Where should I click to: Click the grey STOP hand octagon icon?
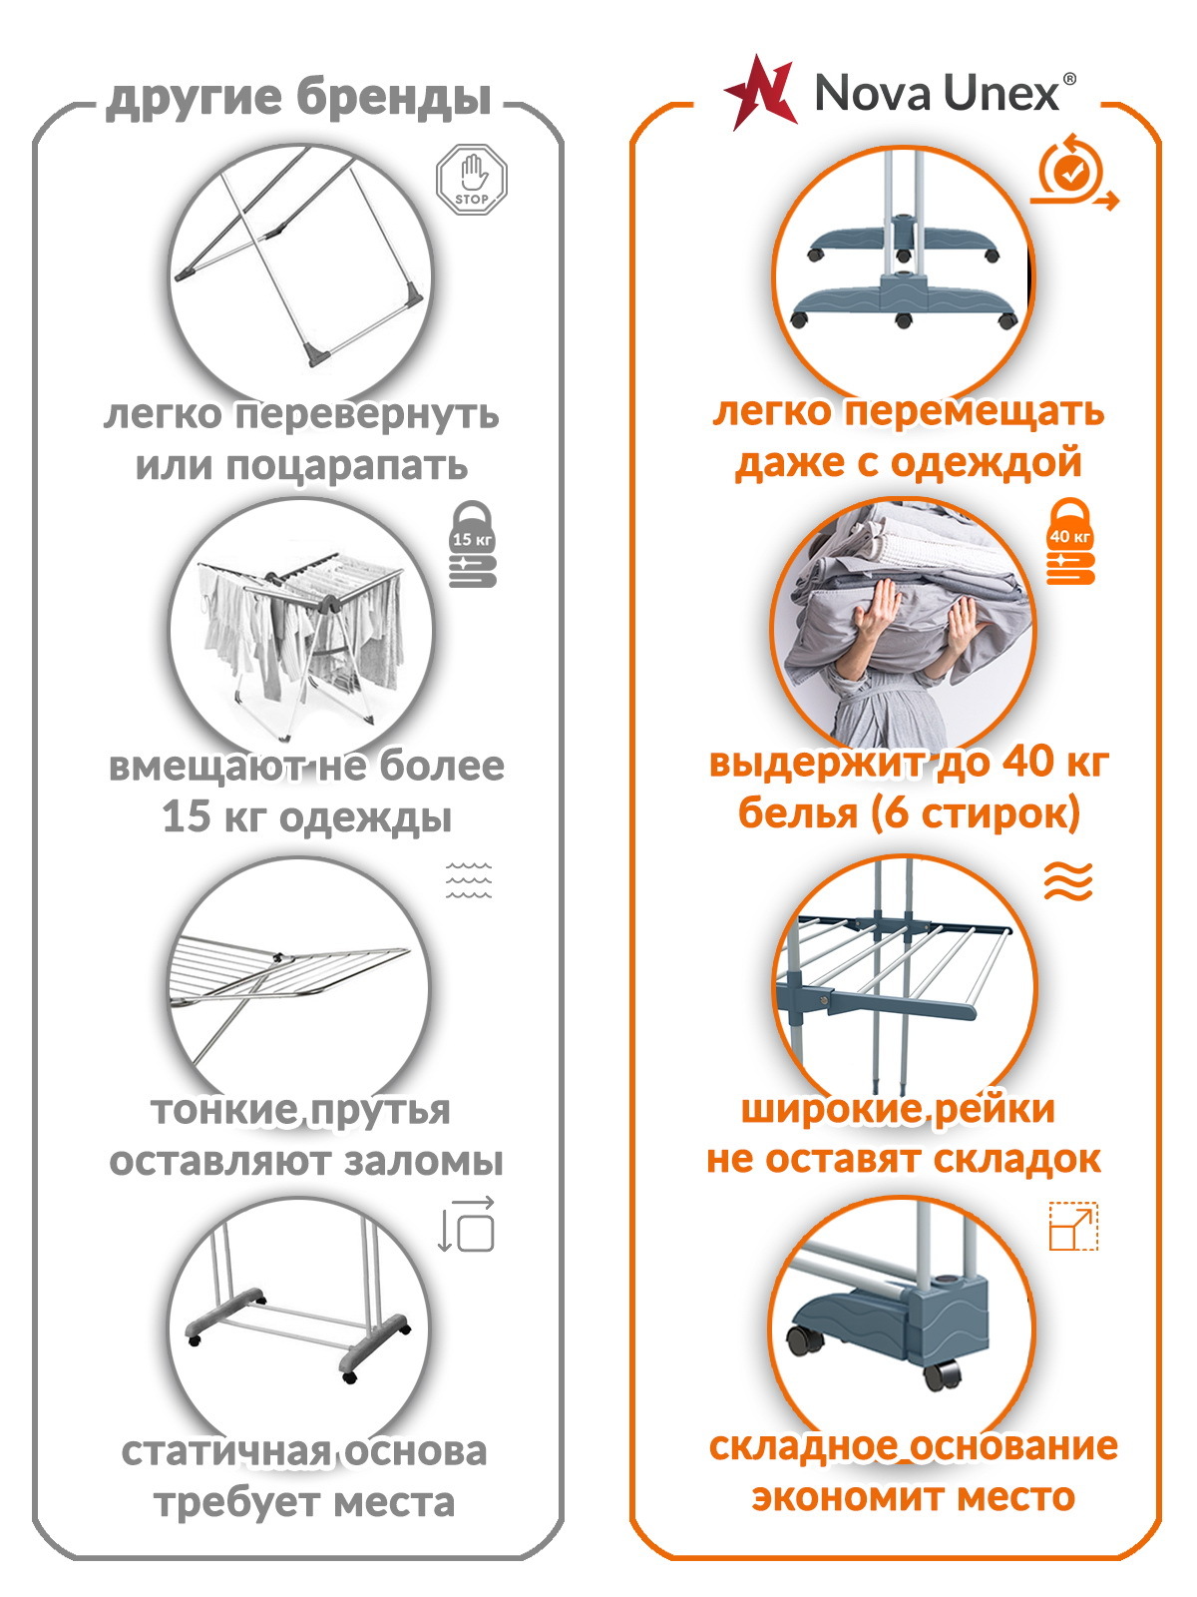pos(472,179)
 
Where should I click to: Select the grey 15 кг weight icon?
pos(473,544)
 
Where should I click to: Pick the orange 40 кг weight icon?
pos(1069,541)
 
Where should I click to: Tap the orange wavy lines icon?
pos(1068,880)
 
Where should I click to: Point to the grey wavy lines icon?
pos(469,880)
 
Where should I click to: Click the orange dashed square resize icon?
pos(1073,1227)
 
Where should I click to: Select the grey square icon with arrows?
pos(467,1226)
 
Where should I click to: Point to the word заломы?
pos(423,1161)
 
